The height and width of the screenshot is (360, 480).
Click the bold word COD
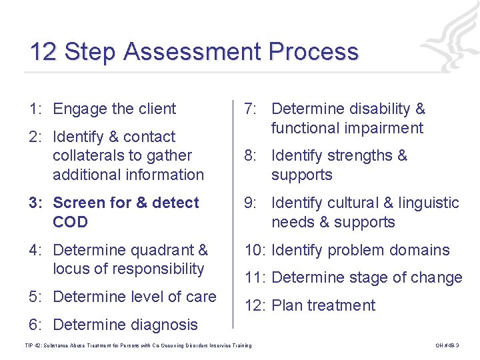(x=70, y=222)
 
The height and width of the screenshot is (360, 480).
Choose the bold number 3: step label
(x=37, y=203)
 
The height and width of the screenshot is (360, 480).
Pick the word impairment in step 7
(x=384, y=127)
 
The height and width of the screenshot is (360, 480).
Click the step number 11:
(x=255, y=278)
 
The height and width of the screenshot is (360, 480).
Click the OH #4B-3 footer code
(x=447, y=345)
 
